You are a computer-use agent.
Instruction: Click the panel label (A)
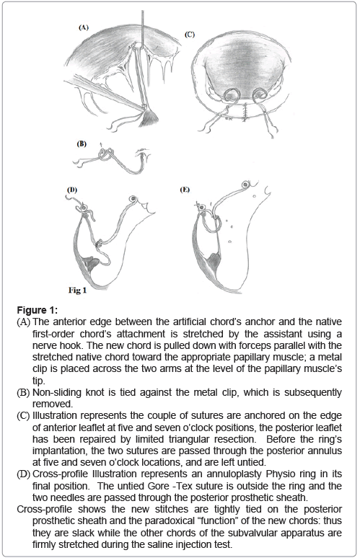[83, 27]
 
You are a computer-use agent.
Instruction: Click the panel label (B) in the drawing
[82, 144]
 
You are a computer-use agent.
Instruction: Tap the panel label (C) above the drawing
[190, 35]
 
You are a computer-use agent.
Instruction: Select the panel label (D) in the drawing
[72, 190]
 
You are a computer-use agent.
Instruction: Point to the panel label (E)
[185, 190]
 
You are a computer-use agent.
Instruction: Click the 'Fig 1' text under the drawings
[78, 291]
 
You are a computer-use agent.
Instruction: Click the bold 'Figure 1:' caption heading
[37, 310]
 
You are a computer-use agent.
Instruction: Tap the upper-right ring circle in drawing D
[133, 198]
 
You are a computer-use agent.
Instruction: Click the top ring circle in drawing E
[245, 185]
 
